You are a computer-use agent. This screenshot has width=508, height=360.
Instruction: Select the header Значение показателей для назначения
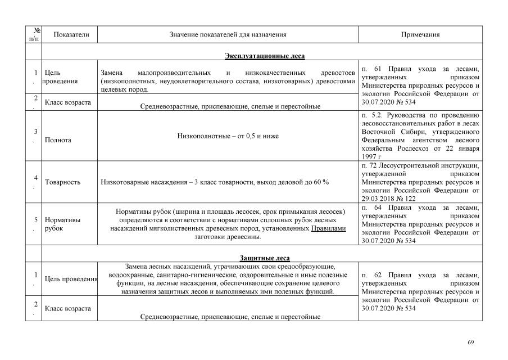(x=228, y=34)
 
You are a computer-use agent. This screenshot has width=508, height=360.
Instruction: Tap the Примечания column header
(x=420, y=34)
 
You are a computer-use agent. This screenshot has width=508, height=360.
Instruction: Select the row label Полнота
(x=58, y=140)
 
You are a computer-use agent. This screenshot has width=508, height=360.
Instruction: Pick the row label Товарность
(x=62, y=182)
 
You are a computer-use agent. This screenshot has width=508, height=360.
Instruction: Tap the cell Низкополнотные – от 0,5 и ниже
(x=228, y=136)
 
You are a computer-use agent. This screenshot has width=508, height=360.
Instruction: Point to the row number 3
(x=36, y=132)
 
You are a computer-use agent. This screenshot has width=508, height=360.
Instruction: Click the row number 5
(x=36, y=220)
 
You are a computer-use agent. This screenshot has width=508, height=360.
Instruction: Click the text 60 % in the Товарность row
(x=322, y=182)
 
